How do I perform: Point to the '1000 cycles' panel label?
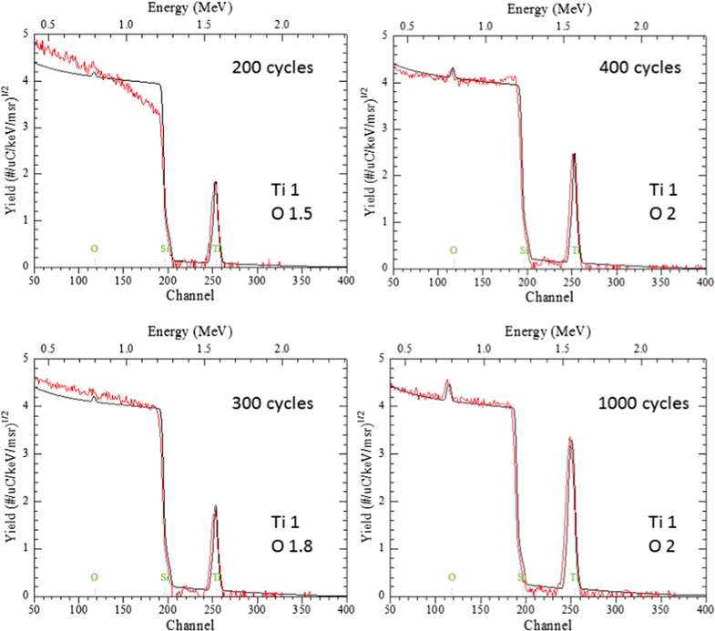(637, 402)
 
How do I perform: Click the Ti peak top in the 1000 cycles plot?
(570, 438)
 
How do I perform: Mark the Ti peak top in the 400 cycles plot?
(574, 154)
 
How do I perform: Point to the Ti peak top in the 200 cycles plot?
(216, 182)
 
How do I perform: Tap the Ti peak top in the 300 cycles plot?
(216, 507)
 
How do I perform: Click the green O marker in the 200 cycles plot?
(94, 248)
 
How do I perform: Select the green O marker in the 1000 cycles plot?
(453, 576)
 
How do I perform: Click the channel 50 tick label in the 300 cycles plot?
(34, 610)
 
